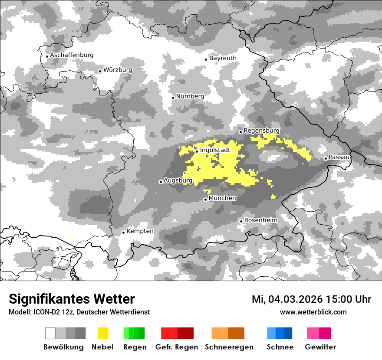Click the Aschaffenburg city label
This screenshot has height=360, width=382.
[x=72, y=55]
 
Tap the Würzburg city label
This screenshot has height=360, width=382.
[x=118, y=70]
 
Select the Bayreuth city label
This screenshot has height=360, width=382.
[x=223, y=58]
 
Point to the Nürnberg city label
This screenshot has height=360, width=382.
[x=190, y=96]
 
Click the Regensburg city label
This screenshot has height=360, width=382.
[x=261, y=131]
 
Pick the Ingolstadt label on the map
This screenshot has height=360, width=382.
[x=215, y=150]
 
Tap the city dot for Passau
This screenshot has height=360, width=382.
[x=326, y=158]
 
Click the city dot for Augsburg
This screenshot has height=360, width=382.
[x=161, y=182]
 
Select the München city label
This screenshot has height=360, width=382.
[x=222, y=198]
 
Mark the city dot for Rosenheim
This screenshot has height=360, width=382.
[x=241, y=221]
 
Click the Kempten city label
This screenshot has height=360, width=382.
[x=140, y=231]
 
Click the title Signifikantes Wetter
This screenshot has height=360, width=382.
[x=72, y=299]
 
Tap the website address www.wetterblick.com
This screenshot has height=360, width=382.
[x=313, y=312]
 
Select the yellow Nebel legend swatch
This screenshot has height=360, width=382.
[x=103, y=333]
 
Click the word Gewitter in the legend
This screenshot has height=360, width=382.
[x=320, y=347]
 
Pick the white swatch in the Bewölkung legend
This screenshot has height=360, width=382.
[x=50, y=333]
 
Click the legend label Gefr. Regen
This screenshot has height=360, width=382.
[x=177, y=347]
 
